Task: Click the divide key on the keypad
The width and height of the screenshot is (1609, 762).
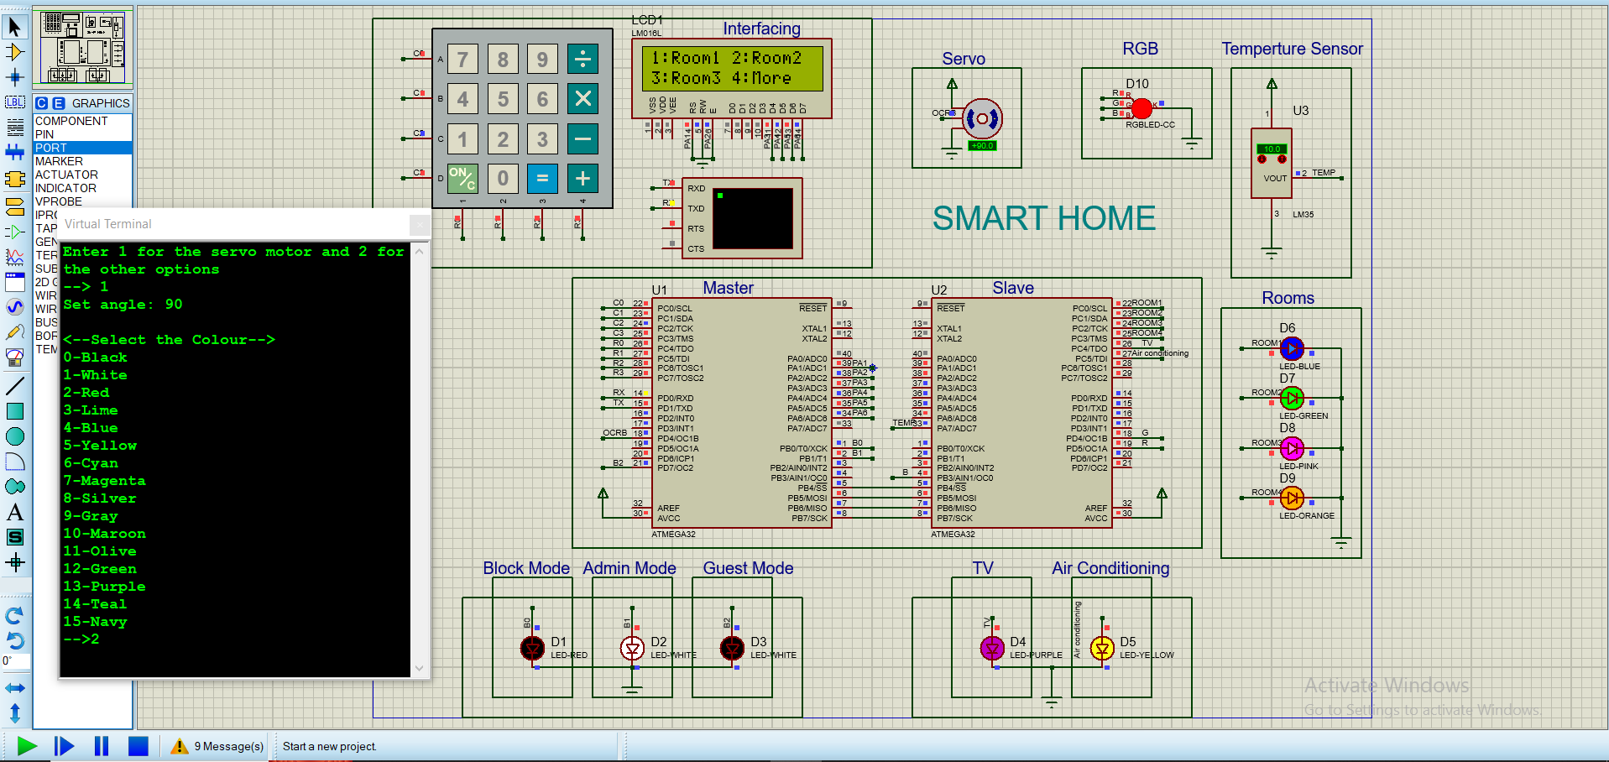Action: (582, 60)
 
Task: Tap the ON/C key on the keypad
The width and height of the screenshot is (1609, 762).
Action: (462, 178)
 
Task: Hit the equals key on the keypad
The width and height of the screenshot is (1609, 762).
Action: (542, 178)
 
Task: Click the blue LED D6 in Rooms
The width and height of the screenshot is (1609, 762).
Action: (1292, 347)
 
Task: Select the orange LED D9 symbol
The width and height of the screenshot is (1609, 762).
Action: (1292, 498)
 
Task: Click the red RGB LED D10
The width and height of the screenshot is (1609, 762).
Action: (1141, 108)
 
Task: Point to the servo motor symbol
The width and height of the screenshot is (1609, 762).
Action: (982, 118)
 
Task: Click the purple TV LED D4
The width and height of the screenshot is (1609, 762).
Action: (992, 648)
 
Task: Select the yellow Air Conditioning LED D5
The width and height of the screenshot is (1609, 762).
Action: (1101, 648)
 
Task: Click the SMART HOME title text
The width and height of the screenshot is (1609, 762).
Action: (1043, 218)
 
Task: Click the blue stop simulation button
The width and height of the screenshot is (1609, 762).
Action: (138, 745)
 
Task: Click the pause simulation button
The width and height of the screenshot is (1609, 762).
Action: (102, 745)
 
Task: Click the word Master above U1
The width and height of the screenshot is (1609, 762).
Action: (728, 288)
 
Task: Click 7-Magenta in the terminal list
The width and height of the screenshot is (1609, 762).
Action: (105, 481)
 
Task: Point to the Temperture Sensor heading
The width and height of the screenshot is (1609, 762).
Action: (1291, 49)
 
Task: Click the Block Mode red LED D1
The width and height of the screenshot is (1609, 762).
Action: (532, 648)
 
